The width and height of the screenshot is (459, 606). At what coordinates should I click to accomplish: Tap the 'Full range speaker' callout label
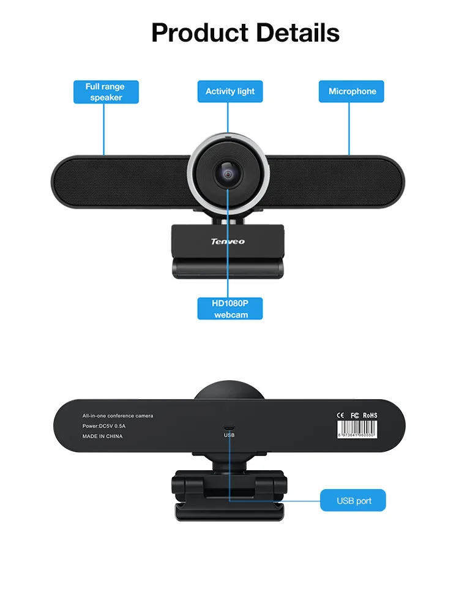[x=106, y=92]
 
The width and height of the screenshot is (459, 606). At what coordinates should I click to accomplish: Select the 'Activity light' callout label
[x=229, y=91]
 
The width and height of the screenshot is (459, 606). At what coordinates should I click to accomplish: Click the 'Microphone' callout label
[x=352, y=91]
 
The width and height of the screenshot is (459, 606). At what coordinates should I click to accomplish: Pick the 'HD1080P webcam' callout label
[x=230, y=309]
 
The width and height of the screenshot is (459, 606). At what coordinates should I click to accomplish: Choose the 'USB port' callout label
[x=353, y=501]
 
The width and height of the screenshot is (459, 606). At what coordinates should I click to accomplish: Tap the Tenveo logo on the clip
[x=228, y=242]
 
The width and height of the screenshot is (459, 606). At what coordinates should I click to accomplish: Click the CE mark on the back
[x=340, y=415]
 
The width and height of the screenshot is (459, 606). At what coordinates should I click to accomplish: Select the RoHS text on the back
[x=370, y=415]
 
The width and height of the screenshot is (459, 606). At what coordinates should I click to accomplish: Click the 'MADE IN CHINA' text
[x=102, y=436]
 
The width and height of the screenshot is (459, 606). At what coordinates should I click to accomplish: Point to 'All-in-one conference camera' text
[x=118, y=416]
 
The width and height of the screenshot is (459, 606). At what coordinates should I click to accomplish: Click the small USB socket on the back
[x=229, y=428]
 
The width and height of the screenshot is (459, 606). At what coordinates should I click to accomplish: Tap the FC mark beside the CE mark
[x=354, y=415]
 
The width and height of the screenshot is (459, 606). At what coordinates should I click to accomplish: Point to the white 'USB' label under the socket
[x=229, y=435]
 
